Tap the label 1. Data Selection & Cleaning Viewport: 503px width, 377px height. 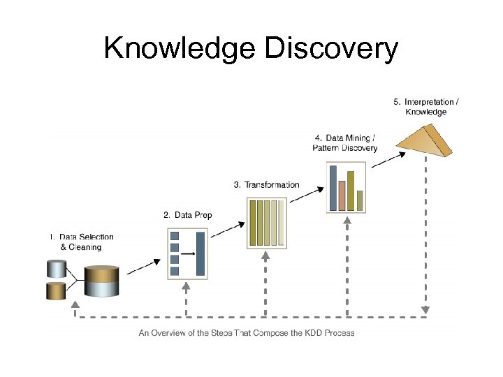81,242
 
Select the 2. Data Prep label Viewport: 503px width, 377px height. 187,214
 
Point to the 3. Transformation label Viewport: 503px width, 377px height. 266,185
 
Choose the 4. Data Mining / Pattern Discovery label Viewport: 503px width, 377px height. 344,142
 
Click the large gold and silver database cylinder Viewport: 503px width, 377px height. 102,281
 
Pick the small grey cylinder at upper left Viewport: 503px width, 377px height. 56,268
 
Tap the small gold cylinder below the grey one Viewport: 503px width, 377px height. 56,290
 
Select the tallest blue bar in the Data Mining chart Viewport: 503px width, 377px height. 333,188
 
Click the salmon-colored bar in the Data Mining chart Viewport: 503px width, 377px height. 342,195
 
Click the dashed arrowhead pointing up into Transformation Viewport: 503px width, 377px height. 265,256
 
